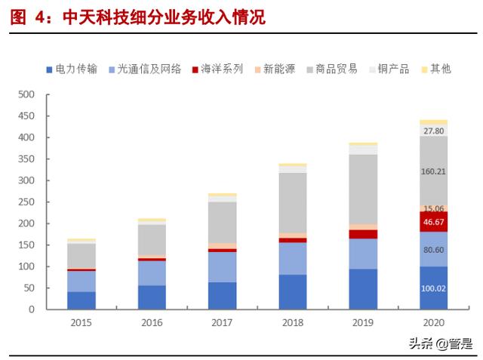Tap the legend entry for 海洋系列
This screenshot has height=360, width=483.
pyautogui.click(x=223, y=69)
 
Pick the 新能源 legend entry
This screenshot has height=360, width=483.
pyautogui.click(x=279, y=69)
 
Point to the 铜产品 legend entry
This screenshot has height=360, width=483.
pyautogui.click(x=393, y=69)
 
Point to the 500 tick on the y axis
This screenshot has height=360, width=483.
pyautogui.click(x=26, y=95)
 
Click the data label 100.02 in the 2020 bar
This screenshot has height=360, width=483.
pyautogui.click(x=433, y=289)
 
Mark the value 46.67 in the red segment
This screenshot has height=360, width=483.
pyautogui.click(x=433, y=222)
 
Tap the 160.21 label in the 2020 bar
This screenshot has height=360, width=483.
pyautogui.click(x=433, y=171)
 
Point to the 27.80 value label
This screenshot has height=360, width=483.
pyautogui.click(x=433, y=131)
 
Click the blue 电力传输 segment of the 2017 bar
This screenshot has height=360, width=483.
pyautogui.click(x=222, y=295)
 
